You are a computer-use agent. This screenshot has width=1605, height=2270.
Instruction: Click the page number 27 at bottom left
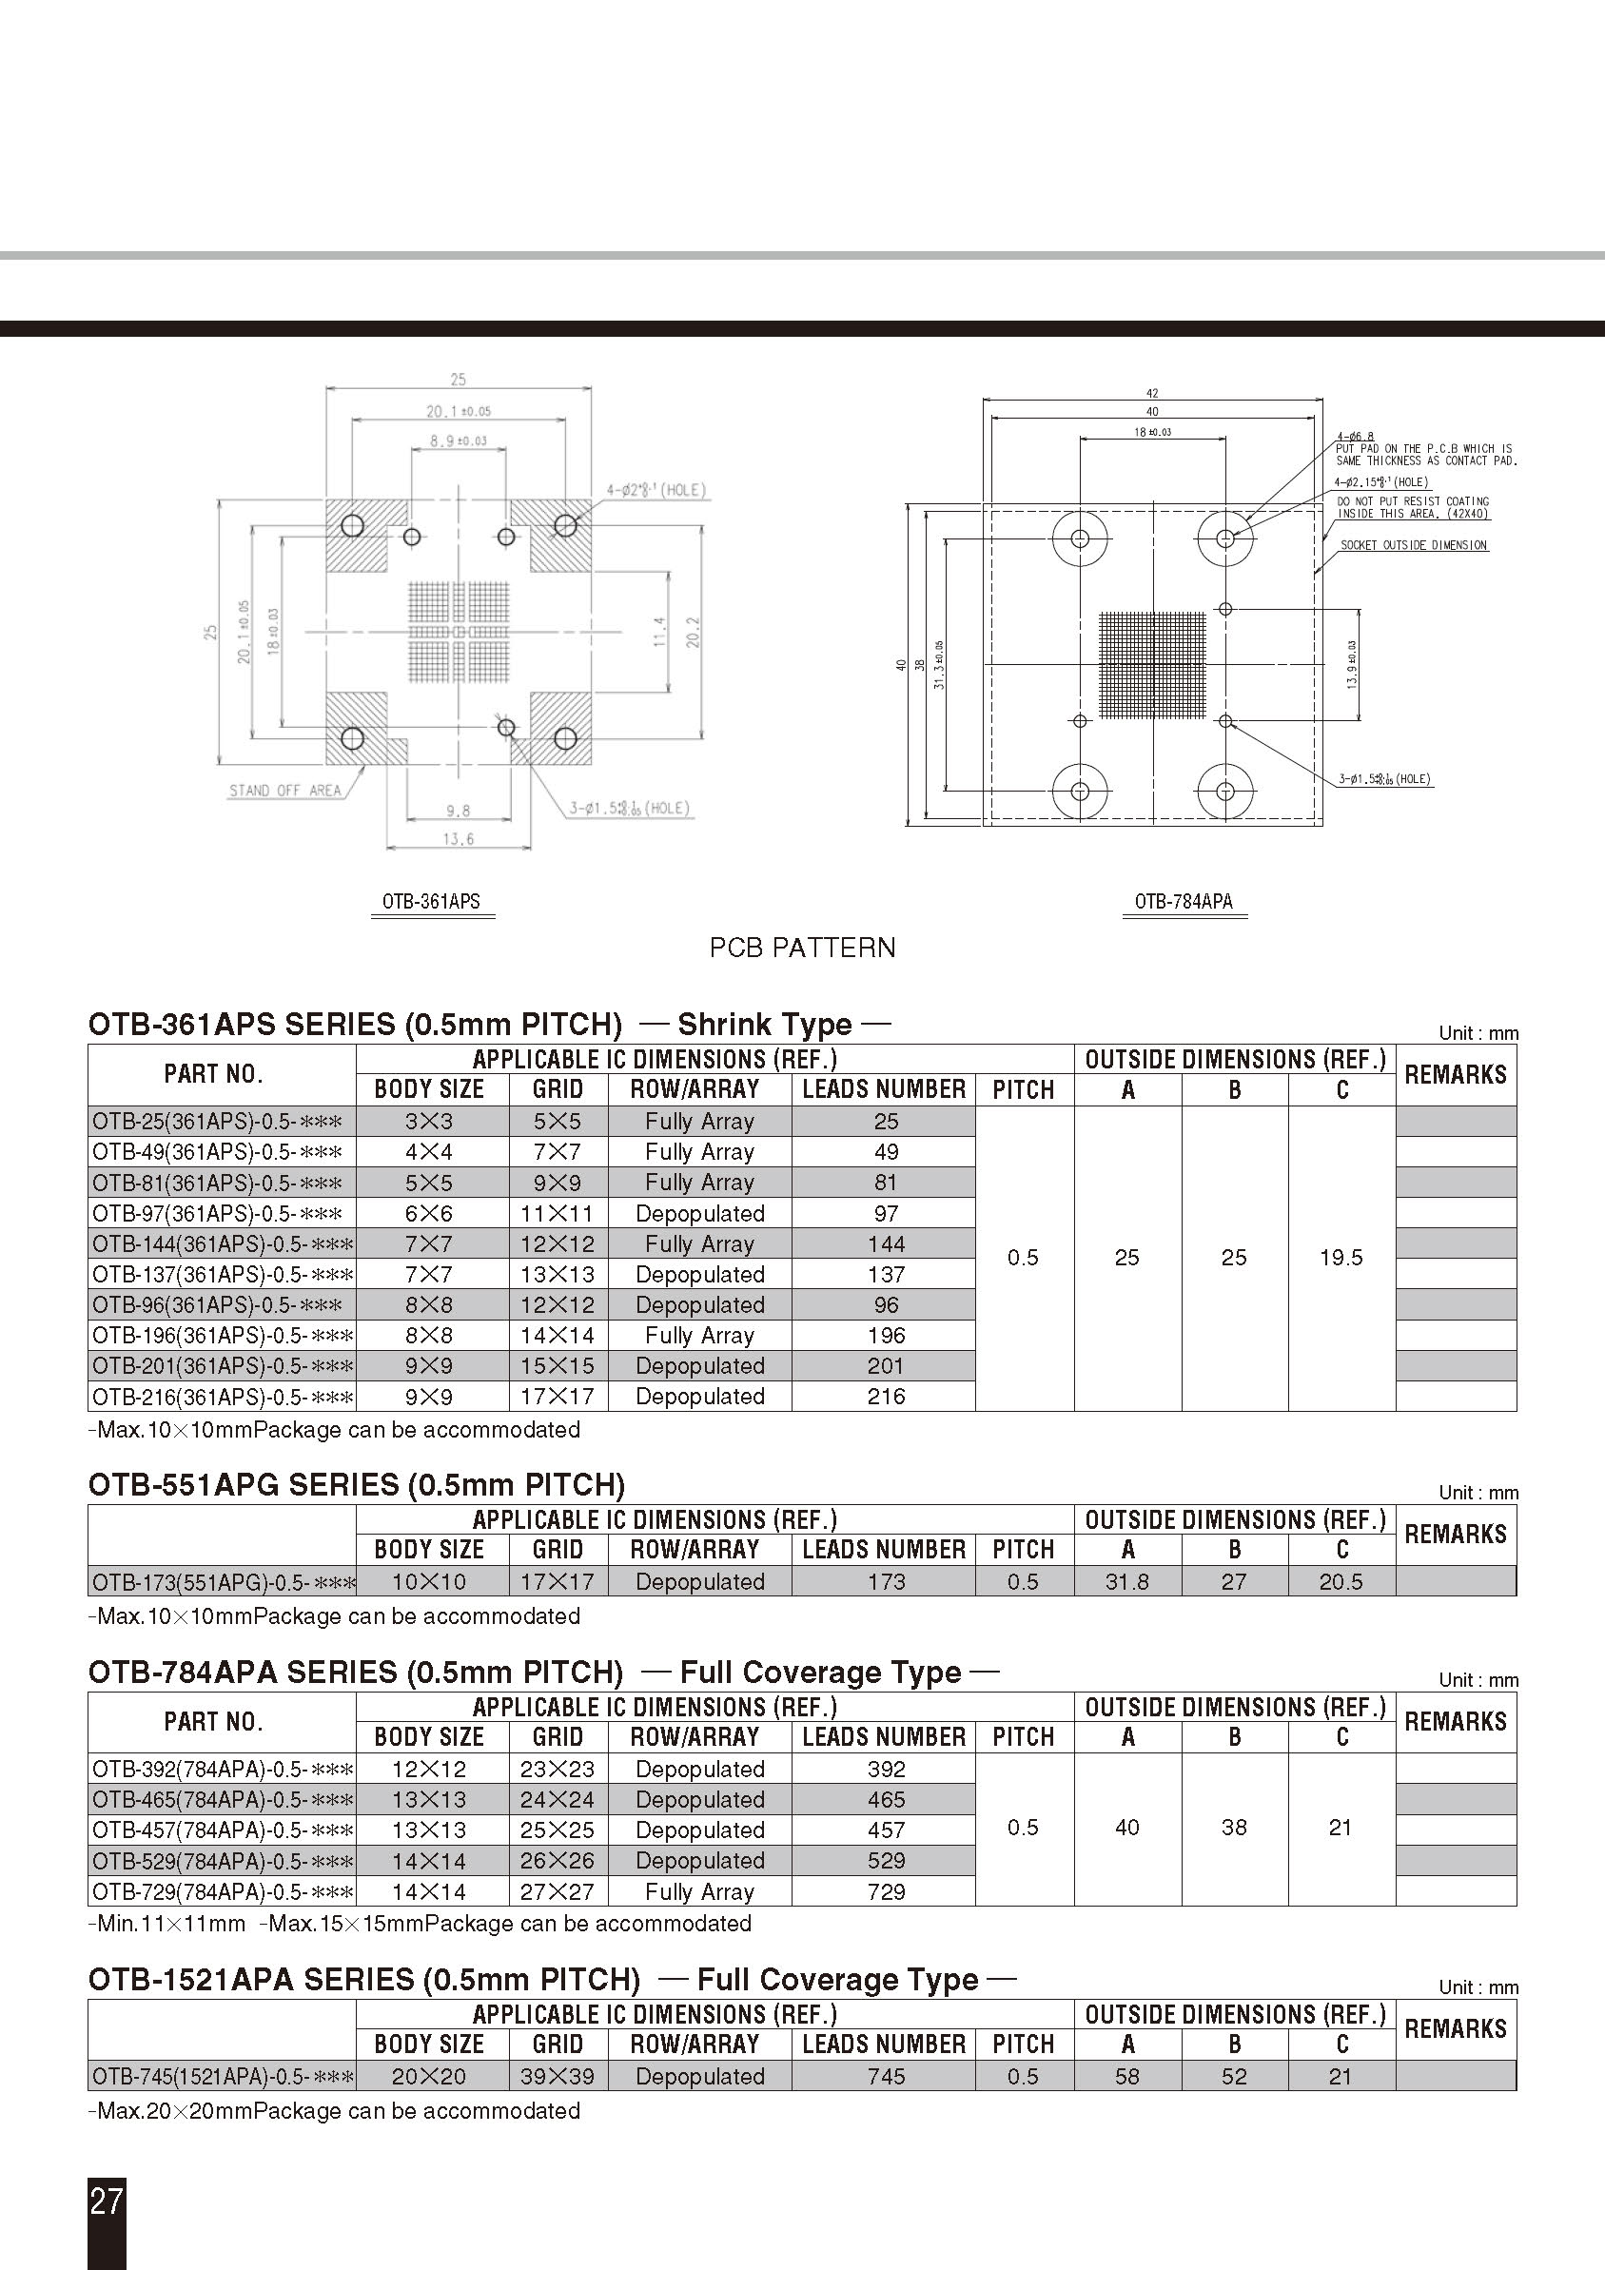click(x=107, y=2200)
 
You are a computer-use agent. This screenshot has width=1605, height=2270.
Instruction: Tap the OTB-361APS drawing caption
click(x=432, y=901)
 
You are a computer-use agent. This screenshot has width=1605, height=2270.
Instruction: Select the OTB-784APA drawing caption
click(x=1184, y=901)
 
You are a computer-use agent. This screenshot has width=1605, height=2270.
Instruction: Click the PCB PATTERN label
click(x=802, y=948)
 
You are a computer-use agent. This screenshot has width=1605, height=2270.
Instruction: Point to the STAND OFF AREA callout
click(x=284, y=790)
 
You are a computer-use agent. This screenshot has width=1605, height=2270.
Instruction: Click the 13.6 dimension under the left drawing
click(x=458, y=838)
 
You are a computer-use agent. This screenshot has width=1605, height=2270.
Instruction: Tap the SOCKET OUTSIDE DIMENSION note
click(x=1413, y=545)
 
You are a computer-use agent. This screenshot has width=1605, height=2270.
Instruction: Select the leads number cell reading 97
click(x=886, y=1213)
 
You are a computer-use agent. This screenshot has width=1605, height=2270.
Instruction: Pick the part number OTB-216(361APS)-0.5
click(x=222, y=1396)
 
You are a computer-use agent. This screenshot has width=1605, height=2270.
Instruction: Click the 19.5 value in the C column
click(x=1341, y=1258)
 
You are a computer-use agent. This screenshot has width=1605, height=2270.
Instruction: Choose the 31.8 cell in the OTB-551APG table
click(x=1127, y=1582)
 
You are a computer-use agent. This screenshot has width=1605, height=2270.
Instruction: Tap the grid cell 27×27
click(x=558, y=1891)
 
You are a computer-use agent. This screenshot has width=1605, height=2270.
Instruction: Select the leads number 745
click(x=886, y=2076)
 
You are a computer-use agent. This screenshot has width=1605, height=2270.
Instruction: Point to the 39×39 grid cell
click(x=558, y=2076)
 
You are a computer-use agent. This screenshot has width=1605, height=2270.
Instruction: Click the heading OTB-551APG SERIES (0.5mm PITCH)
click(x=356, y=1485)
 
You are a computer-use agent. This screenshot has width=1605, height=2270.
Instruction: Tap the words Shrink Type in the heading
click(x=764, y=1025)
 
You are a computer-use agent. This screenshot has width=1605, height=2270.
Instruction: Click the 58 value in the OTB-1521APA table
click(x=1127, y=2076)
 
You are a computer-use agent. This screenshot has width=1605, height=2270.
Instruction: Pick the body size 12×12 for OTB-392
click(x=429, y=1769)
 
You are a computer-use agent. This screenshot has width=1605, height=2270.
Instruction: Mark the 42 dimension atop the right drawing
click(x=1152, y=393)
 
